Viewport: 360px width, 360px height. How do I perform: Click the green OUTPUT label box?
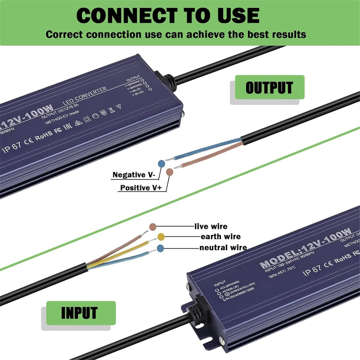coord(269,87)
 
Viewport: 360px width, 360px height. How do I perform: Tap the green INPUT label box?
coord(80,313)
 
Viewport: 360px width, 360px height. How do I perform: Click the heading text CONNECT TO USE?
coord(168,16)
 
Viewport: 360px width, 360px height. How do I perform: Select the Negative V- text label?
coord(133,175)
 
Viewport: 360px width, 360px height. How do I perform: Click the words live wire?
coord(211,226)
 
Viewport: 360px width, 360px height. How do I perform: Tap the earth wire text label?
coord(220,237)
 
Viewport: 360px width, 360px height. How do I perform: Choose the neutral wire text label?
coord(223,247)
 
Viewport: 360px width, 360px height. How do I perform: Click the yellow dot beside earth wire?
coord(161,237)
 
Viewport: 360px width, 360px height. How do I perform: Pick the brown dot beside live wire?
coord(153,226)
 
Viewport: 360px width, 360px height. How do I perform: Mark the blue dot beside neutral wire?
coord(160,248)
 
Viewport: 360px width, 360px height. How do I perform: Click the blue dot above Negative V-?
coord(161,163)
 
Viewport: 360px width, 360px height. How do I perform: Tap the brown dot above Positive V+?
coord(169,172)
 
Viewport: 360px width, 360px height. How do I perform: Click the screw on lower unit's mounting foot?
coord(221,340)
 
